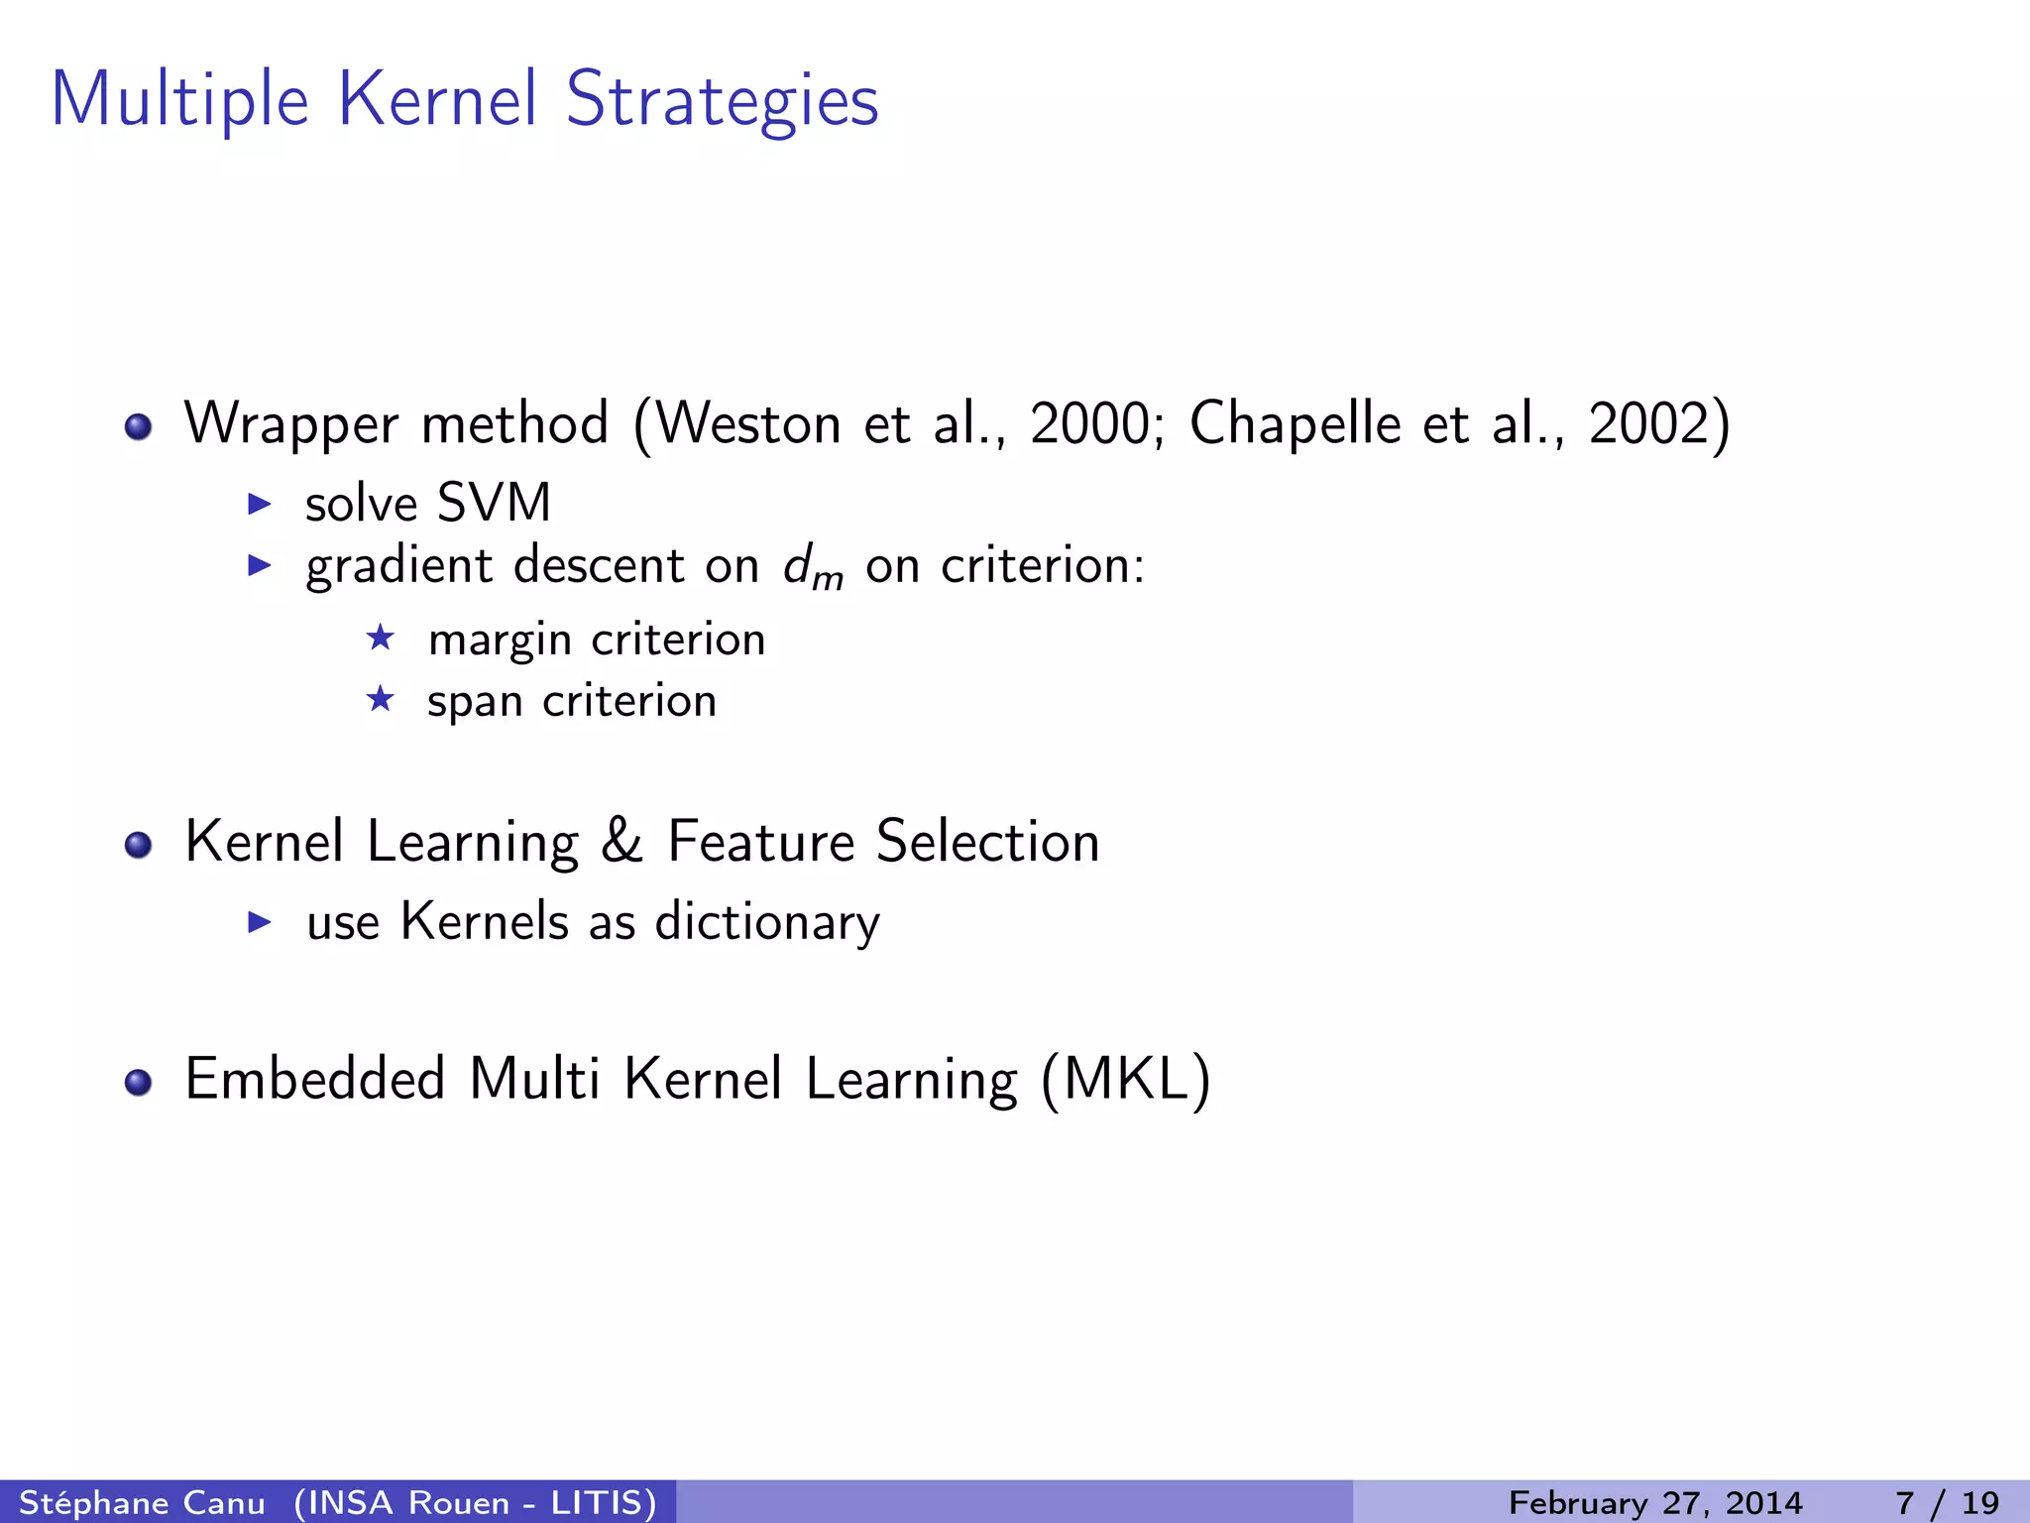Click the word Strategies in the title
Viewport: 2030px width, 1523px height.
tap(722, 101)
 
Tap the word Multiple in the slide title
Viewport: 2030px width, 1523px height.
tap(179, 101)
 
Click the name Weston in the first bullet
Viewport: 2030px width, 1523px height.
tap(748, 423)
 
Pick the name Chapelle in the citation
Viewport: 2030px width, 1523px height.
tap(1295, 423)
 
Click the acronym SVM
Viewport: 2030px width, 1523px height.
tap(494, 503)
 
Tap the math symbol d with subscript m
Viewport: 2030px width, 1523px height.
tap(812, 567)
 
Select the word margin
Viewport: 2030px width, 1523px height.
tap(500, 641)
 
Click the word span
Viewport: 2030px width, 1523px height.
tap(475, 702)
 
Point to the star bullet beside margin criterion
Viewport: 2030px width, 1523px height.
tap(381, 638)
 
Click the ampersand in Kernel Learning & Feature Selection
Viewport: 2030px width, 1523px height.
tap(621, 842)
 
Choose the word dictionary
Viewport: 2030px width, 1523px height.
tap(767, 922)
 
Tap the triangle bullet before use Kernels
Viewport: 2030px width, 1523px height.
tap(260, 922)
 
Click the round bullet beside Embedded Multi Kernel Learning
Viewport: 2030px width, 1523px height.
tap(139, 1082)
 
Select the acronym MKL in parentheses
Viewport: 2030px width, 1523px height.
tap(1126, 1079)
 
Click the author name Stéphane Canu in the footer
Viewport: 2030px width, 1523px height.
tap(142, 1502)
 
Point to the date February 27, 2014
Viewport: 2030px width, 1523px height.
tap(1654, 1502)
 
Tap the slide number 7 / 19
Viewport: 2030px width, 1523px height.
tap(1947, 1502)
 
